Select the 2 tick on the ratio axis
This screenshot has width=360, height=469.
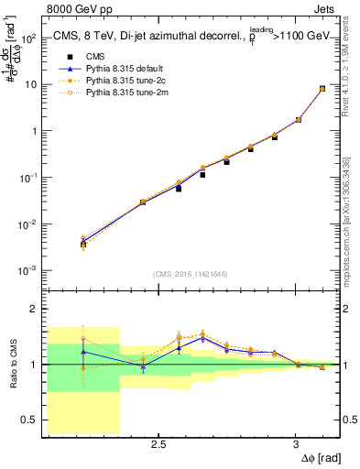pos(35,310)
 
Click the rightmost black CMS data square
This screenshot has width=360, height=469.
pos(322,89)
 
